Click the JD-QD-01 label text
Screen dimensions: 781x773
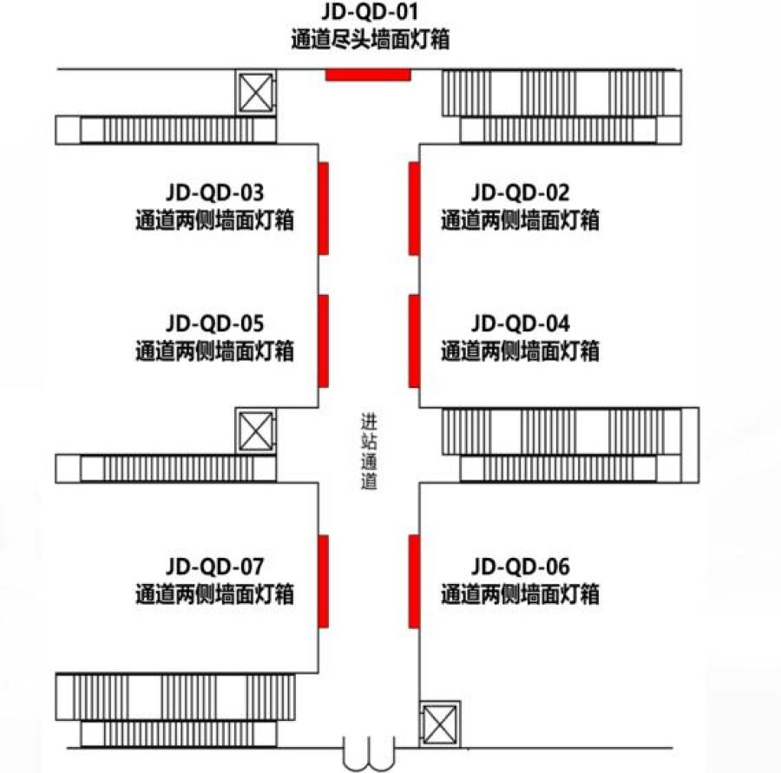tap(370, 11)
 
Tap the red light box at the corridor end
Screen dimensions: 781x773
tap(368, 75)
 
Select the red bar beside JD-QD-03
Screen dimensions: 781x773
tap(324, 208)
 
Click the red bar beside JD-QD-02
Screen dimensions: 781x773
tap(414, 208)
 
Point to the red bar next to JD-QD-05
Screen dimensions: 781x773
tap(324, 341)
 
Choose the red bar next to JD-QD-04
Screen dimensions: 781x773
tap(414, 341)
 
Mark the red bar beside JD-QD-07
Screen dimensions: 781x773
tap(324, 581)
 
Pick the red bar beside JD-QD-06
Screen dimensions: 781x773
tap(414, 581)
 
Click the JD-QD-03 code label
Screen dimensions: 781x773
tap(214, 193)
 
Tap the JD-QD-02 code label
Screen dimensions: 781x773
tap(520, 193)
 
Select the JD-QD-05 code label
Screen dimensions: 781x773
tap(214, 324)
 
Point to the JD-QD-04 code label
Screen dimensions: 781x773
tap(520, 324)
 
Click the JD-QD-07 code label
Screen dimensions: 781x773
tap(214, 567)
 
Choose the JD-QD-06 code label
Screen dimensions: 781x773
tap(520, 567)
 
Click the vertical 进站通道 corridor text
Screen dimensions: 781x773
tap(369, 451)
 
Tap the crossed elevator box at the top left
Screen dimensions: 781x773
tap(255, 93)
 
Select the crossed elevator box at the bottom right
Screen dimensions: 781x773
tap(440, 724)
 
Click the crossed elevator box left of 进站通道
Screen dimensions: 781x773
tap(255, 431)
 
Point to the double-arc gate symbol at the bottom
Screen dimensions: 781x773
tap(369, 755)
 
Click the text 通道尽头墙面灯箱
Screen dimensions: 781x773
tap(370, 39)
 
